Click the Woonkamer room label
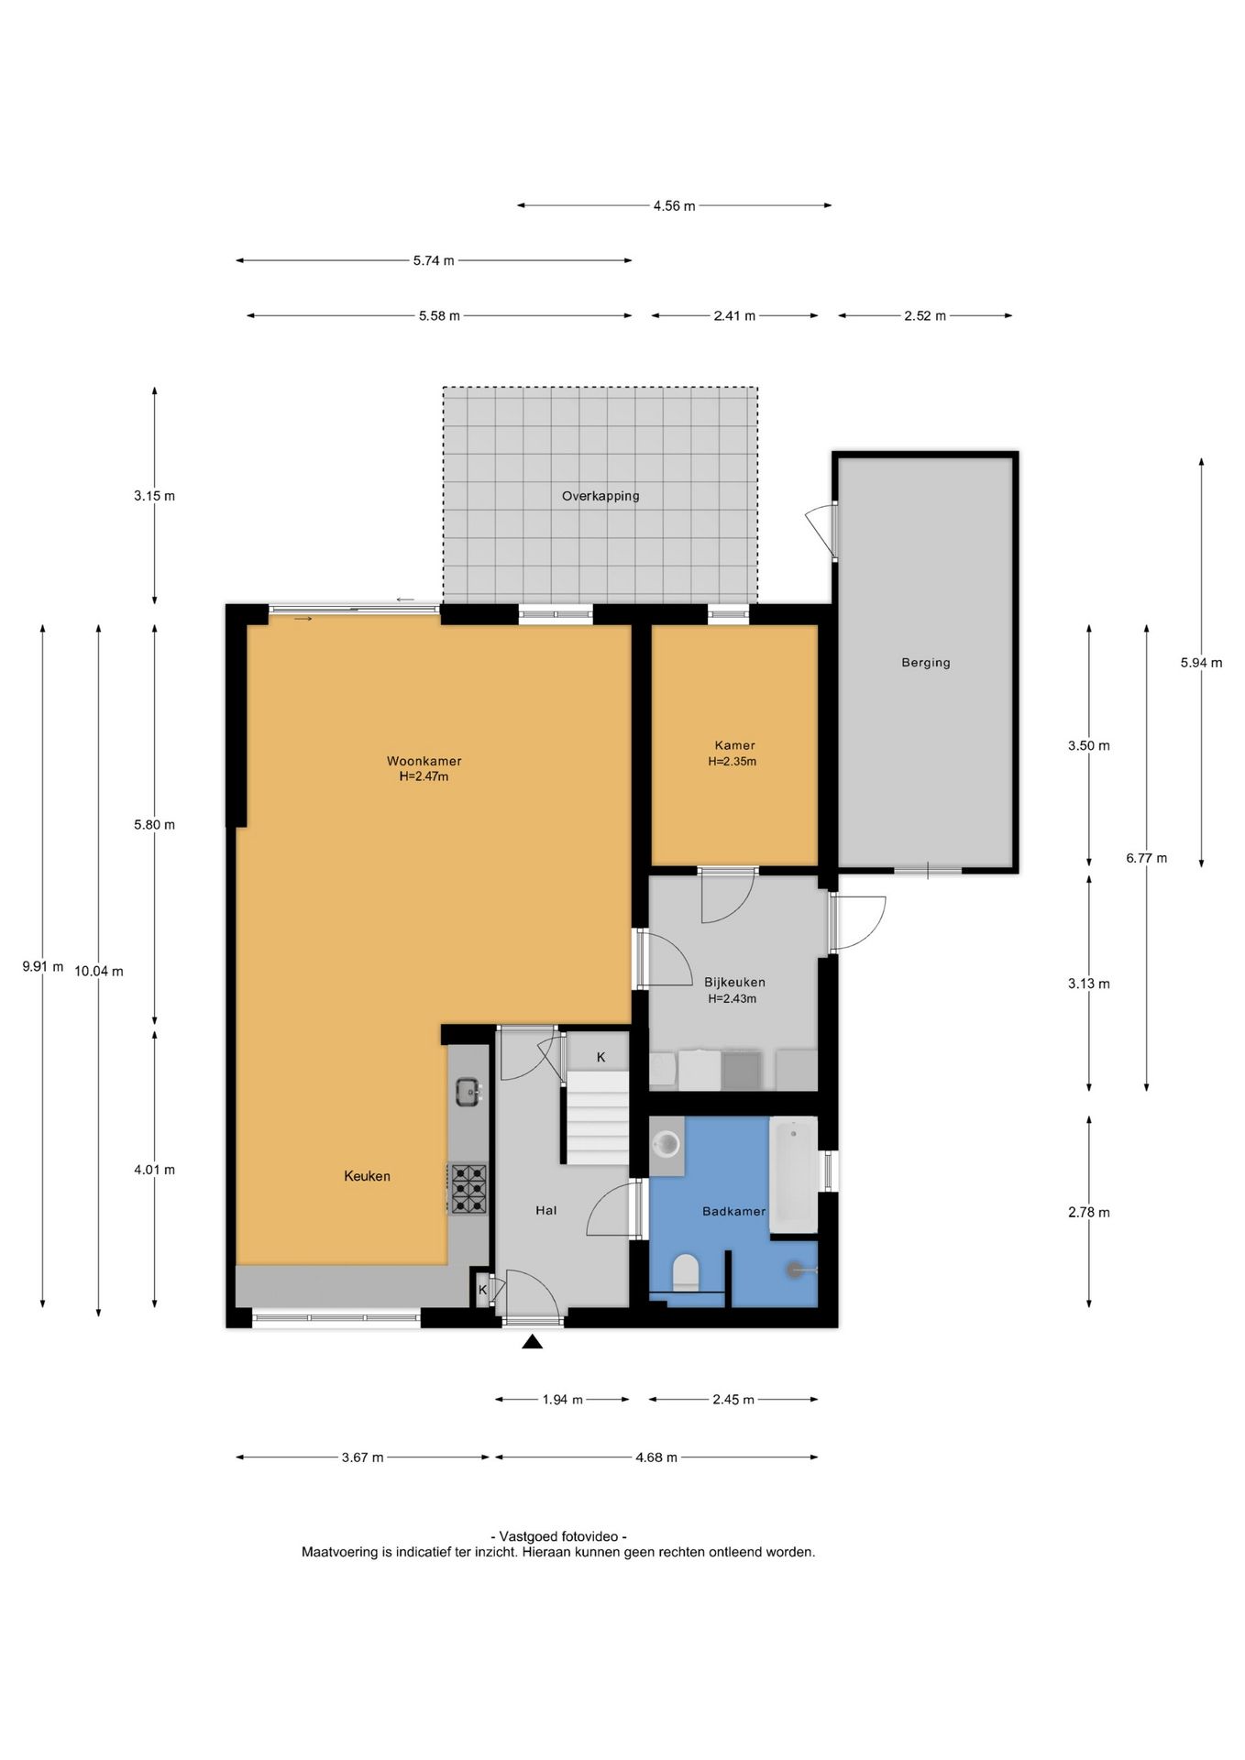pos(424,761)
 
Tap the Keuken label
pos(367,1176)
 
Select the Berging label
pos(925,662)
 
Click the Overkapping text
pos(600,496)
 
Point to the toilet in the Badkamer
pos(686,1273)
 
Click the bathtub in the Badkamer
pos(793,1173)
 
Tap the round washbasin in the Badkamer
pos(667,1144)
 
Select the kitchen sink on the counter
pos(468,1091)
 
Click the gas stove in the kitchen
pos(468,1189)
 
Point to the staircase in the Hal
pos(596,1118)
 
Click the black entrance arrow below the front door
pos(533,1342)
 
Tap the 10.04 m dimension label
pos(99,971)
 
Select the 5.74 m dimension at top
pos(434,260)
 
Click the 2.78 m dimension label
pos(1088,1212)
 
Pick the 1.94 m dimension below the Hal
pos(562,1400)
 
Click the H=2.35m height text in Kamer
pos(732,762)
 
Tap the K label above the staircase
pos(601,1057)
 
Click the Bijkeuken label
pos(734,982)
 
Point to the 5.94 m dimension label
pos(1201,663)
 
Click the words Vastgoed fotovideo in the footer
pos(559,1536)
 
